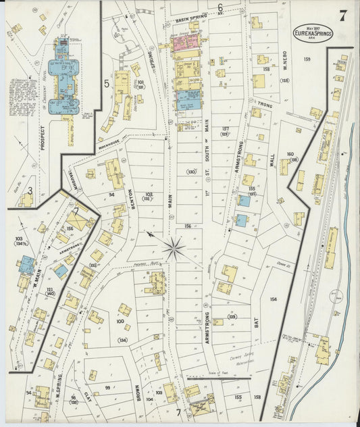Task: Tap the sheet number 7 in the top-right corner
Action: tap(342, 16)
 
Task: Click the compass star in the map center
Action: tap(174, 249)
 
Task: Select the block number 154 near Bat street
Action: tap(273, 299)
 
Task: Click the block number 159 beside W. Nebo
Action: tap(307, 59)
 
